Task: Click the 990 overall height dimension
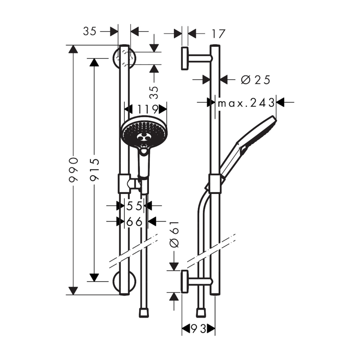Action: pos(74,170)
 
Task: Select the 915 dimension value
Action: pos(94,170)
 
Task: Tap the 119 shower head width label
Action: pos(148,109)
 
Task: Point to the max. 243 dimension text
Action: pos(246,103)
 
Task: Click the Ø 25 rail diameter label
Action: pos(256,80)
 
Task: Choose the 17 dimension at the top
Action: pos(218,34)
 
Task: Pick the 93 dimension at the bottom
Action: pos(199,329)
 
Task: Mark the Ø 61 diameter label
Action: pos(174,234)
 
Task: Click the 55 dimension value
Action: pos(134,206)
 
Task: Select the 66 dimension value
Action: pos(134,222)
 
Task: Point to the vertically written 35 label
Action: pos(154,92)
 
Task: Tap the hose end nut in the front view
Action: pos(144,313)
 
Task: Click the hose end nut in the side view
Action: pos(201,313)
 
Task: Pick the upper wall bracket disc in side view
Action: pos(185,58)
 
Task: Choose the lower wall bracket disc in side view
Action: pos(185,282)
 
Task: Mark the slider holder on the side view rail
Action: pos(215,184)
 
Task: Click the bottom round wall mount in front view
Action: pos(124,282)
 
